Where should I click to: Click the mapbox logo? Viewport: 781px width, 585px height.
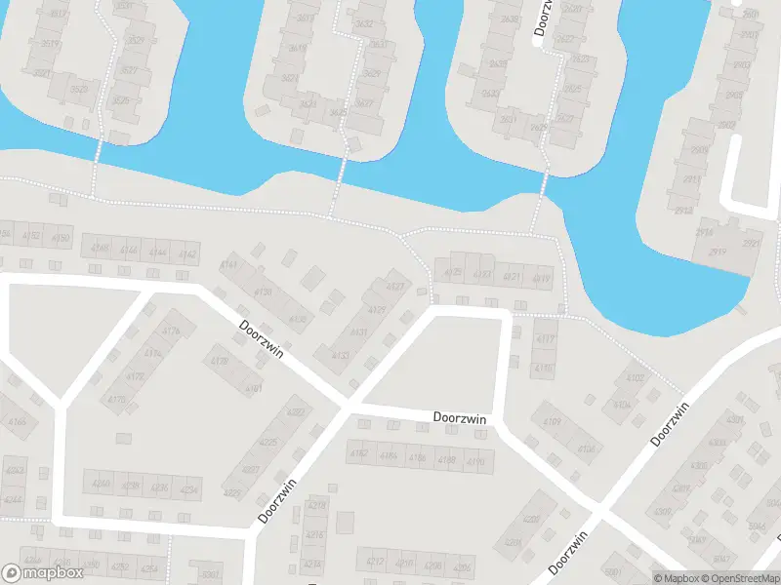pos(42,574)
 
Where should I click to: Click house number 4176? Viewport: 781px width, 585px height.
pos(172,331)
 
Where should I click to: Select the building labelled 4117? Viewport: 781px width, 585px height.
pos(545,339)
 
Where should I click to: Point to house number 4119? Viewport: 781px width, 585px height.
pos(543,278)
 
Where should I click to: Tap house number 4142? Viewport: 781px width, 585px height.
pos(188,254)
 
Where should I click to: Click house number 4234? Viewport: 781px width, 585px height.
pos(188,488)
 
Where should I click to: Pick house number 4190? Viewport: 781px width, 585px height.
pos(475,460)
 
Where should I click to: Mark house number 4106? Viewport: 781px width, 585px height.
pos(587,449)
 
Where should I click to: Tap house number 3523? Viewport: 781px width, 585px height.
pos(80,90)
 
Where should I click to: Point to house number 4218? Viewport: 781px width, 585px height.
pos(316,504)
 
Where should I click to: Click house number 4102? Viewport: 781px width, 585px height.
pos(636,377)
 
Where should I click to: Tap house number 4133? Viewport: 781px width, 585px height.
pos(341,355)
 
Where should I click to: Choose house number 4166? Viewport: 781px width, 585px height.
pos(18,422)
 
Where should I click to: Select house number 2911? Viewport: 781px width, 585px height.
pos(693,179)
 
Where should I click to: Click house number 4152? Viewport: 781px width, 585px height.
pos(32,236)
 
